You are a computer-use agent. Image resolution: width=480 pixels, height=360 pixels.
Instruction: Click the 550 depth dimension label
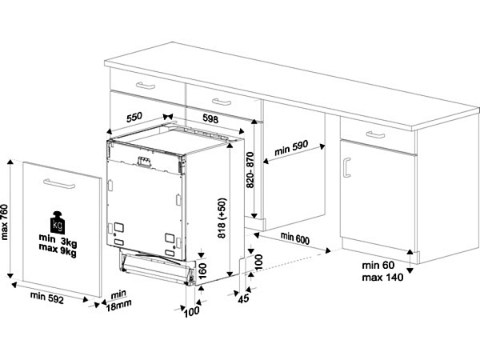point(134,117)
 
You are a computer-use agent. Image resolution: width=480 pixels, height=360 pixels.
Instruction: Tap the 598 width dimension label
point(210,118)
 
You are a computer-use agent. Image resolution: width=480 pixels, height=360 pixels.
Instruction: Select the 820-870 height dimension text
point(250,170)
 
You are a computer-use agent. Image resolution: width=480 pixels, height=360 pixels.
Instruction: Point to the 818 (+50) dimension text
point(222,218)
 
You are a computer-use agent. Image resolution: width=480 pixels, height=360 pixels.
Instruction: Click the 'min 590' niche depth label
point(291,148)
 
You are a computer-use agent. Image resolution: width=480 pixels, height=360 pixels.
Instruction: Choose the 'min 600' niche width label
point(295,238)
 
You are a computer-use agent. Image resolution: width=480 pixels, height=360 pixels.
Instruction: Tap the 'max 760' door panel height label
point(5,222)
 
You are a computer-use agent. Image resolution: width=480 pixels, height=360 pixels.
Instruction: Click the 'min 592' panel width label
point(47,298)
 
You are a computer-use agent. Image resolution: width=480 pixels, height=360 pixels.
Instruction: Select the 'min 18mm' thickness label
point(118,301)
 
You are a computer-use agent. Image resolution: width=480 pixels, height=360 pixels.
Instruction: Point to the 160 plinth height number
point(202,270)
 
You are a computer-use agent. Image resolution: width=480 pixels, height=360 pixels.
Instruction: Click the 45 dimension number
point(244,298)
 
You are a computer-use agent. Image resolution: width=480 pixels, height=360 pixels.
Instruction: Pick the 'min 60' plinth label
point(378,265)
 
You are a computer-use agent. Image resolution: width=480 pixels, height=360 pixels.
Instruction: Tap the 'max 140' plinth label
point(382,278)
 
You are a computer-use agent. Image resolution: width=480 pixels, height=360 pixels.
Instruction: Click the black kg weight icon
point(58,222)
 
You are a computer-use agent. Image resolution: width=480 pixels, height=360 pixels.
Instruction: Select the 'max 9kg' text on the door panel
point(58,250)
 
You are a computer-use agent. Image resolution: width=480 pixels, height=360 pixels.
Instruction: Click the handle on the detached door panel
point(59,184)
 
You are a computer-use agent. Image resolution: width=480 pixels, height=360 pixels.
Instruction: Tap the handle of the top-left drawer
point(146,86)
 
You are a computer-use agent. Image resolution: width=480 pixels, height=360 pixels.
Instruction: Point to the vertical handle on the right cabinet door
point(346,168)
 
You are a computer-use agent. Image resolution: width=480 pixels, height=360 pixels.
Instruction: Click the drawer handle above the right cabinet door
point(375,134)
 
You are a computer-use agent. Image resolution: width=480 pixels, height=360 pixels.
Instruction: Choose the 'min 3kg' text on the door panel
point(58,240)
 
